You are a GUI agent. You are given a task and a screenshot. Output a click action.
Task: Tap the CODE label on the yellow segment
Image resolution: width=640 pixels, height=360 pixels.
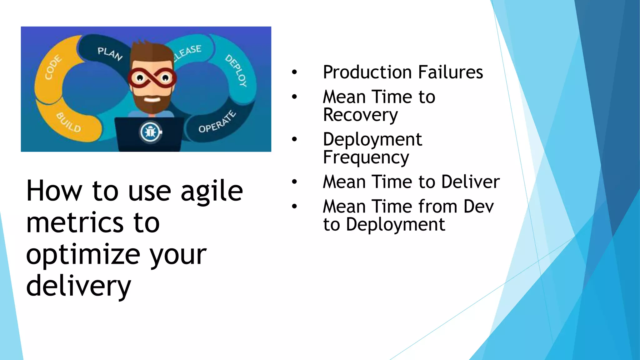(53, 67)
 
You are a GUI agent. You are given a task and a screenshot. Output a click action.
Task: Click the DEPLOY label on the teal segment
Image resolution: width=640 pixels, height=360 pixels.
(236, 71)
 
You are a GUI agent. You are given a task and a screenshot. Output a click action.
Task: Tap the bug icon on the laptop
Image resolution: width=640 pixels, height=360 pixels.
(151, 132)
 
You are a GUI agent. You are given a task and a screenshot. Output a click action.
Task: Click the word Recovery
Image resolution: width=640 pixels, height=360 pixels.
(360, 115)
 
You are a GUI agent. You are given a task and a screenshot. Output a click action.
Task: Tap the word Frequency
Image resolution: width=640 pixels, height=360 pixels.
(366, 157)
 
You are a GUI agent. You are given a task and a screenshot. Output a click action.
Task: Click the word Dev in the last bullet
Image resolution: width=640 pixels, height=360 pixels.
(478, 207)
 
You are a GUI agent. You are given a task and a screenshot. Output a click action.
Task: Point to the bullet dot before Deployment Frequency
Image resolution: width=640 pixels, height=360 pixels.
(294, 139)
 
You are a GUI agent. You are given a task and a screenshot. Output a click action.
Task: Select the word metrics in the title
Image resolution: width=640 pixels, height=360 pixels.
(75, 223)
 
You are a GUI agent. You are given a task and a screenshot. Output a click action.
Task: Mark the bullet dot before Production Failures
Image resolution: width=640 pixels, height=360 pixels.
(294, 72)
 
